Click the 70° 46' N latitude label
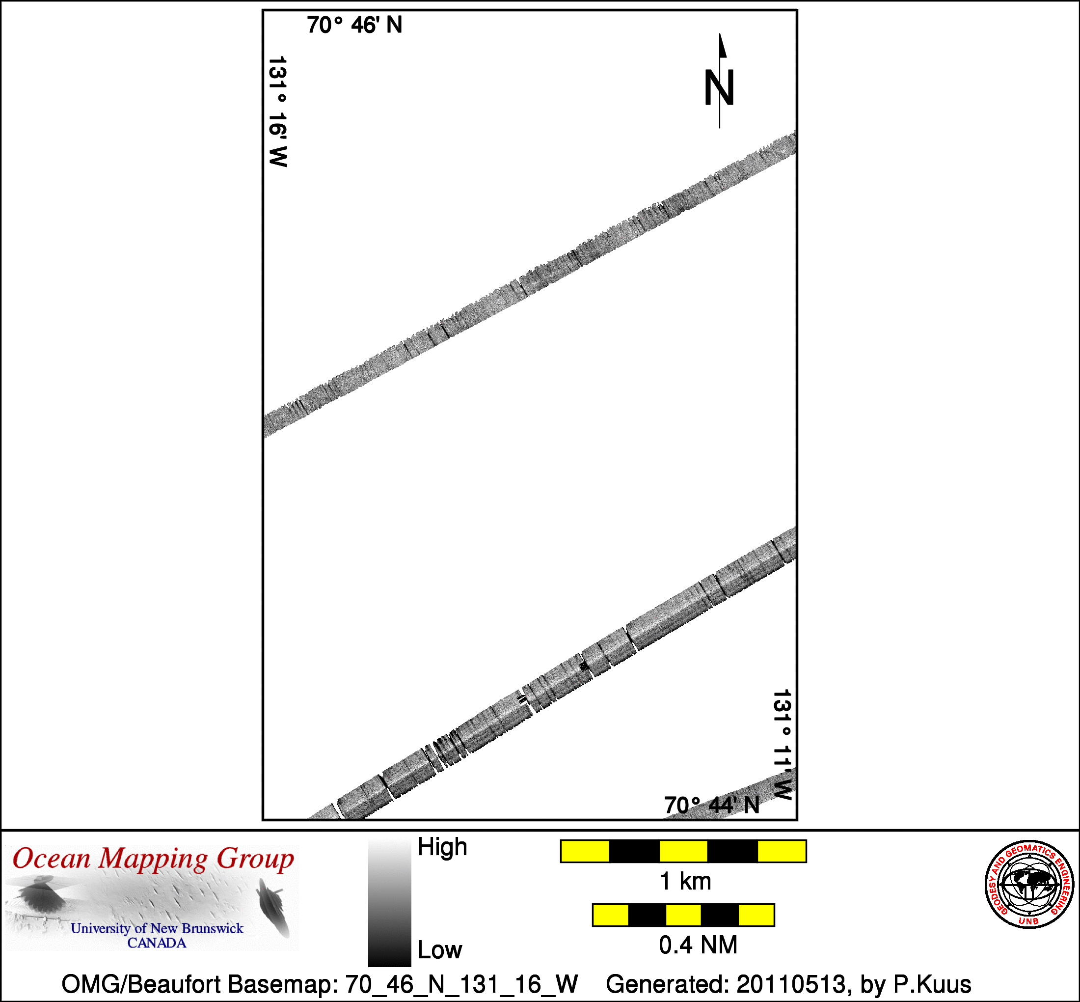click(x=354, y=26)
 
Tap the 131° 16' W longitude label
click(x=277, y=111)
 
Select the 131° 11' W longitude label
click(x=782, y=745)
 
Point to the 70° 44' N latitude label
click(x=712, y=806)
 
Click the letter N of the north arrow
click(x=719, y=88)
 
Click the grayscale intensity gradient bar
click(x=389, y=903)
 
